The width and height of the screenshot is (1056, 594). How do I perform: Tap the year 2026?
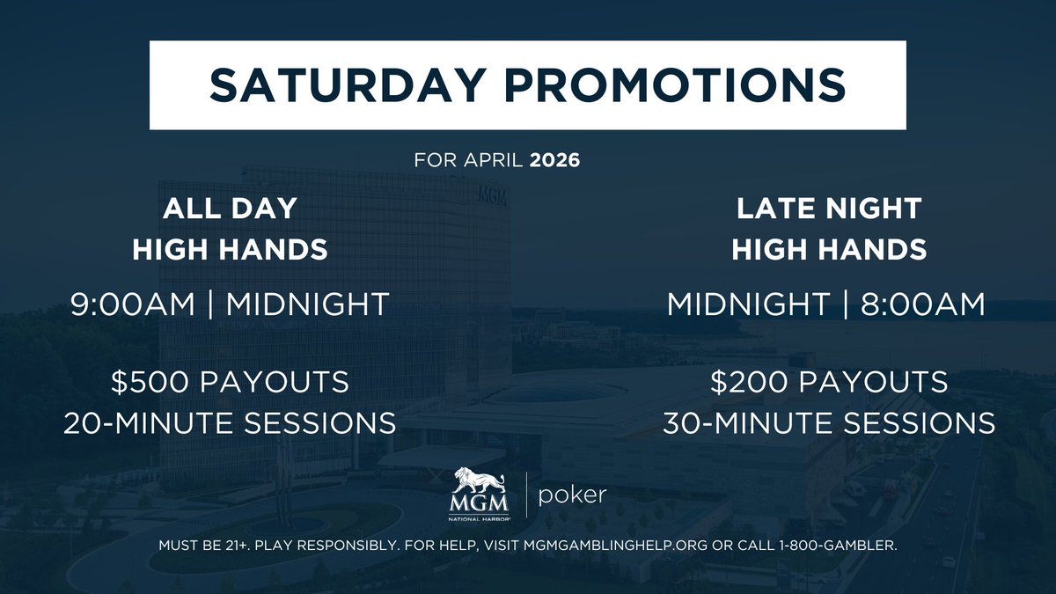pyautogui.click(x=554, y=163)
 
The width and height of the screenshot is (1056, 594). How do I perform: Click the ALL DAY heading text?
pyautogui.click(x=230, y=209)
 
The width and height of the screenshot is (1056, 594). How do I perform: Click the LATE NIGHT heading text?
pyautogui.click(x=828, y=209)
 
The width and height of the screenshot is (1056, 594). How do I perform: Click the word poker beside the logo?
pyautogui.click(x=572, y=495)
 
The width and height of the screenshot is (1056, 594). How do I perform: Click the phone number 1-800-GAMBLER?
pyautogui.click(x=837, y=546)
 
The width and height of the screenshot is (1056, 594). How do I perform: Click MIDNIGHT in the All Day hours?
pyautogui.click(x=307, y=304)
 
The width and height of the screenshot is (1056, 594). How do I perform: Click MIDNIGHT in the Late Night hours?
pyautogui.click(x=748, y=304)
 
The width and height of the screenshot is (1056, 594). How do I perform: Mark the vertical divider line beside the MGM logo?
pyautogui.click(x=526, y=495)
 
